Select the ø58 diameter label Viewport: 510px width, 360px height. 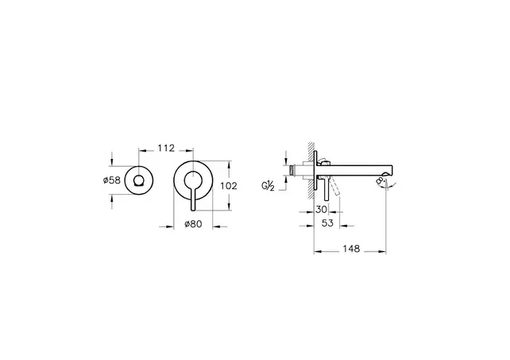point(112,181)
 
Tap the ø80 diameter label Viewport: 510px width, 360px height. point(194,225)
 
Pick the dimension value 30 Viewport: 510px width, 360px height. point(322,209)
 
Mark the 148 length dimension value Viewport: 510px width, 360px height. point(350,249)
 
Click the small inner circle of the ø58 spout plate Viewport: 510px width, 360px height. point(140,182)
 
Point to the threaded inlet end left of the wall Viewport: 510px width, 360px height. point(294,169)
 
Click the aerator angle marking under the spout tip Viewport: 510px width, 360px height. point(384,184)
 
